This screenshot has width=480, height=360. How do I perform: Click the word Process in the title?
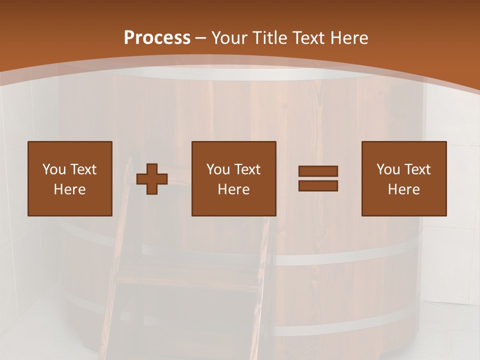157,38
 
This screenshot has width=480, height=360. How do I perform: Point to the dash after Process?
201,38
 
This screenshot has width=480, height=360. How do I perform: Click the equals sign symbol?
318,178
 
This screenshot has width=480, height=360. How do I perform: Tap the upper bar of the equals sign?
318,171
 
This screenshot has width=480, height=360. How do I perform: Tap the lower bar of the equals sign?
318,186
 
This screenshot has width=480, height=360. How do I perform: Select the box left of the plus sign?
70,178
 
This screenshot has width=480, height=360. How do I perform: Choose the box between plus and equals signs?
234,178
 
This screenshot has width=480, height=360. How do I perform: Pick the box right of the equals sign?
404,178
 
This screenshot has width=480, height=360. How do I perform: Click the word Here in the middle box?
234,189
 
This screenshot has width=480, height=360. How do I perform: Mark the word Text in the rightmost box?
417,169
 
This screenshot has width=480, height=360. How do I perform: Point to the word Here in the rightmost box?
404,189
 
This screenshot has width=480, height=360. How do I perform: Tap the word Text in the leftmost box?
83,169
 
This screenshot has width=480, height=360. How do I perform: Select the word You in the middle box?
218,169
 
